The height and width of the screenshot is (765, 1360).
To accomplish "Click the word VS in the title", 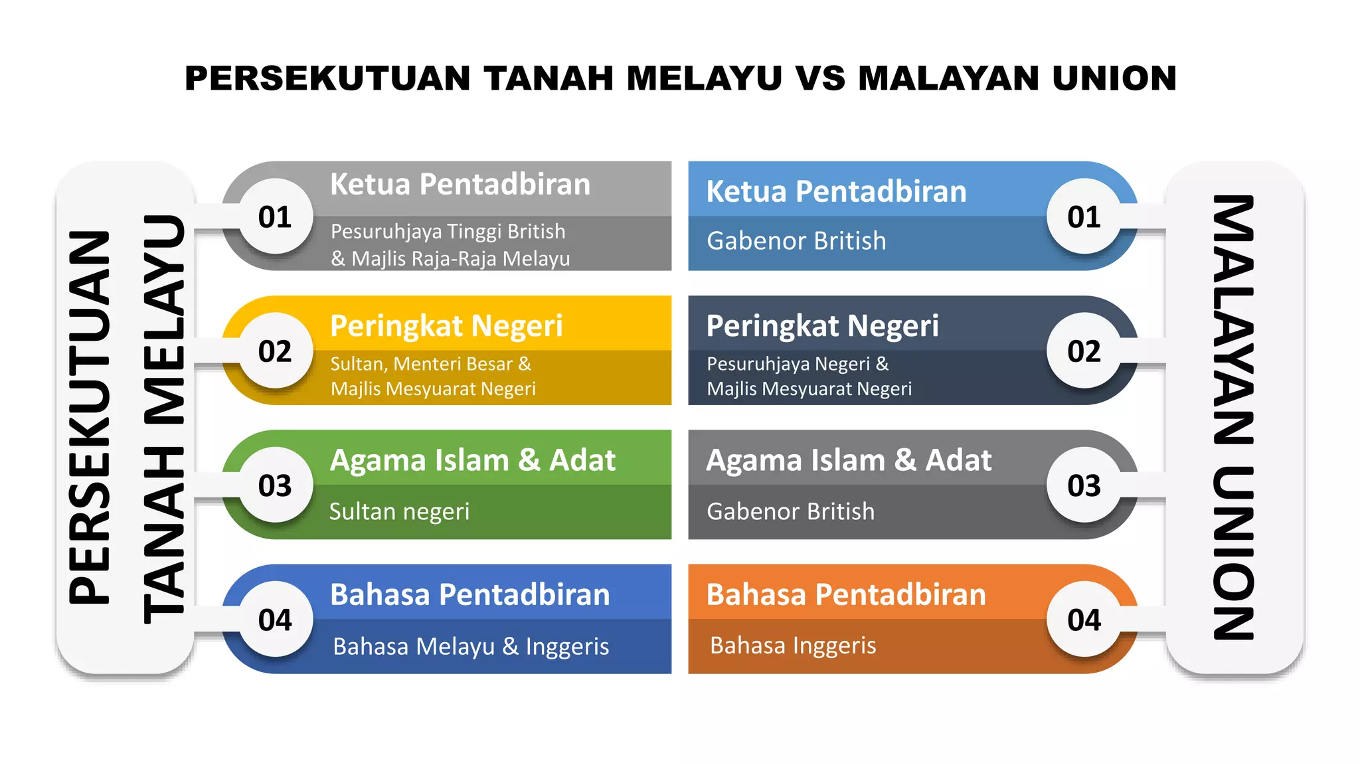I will click(819, 78).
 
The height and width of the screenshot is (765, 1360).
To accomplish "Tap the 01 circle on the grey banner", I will click(275, 216).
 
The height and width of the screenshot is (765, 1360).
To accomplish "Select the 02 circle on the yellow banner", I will click(275, 351).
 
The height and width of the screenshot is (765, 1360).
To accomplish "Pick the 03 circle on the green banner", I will click(275, 485).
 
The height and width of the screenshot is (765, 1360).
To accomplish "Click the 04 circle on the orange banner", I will click(1084, 620).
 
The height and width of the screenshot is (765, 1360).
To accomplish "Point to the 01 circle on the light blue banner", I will click(1084, 216).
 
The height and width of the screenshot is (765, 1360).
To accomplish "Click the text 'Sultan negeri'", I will click(399, 511).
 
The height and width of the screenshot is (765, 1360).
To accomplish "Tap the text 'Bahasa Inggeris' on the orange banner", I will click(793, 645).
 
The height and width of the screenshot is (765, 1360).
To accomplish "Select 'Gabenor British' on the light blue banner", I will click(796, 240).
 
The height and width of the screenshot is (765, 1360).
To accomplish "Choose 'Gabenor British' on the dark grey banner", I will click(790, 511).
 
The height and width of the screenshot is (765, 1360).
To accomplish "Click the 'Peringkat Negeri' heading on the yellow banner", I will click(446, 325).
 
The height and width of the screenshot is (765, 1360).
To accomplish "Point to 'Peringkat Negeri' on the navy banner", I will click(822, 325).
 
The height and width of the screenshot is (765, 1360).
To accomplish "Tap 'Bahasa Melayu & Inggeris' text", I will click(471, 646).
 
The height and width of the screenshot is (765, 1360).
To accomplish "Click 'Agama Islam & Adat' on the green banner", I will click(473, 460).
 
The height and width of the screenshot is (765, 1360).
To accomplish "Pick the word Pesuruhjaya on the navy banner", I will click(754, 364).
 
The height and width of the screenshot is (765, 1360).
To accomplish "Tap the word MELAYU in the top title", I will click(704, 78).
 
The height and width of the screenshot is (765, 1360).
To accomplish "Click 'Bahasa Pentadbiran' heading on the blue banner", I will click(469, 594).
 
